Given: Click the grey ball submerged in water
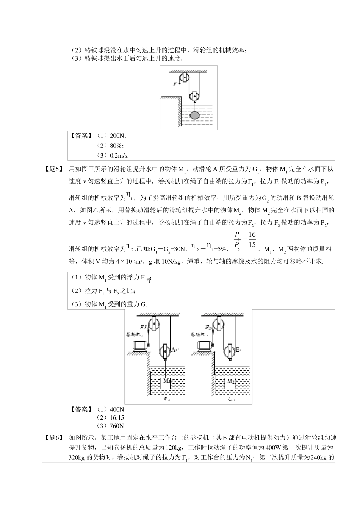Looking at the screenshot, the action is (x=194, y=115).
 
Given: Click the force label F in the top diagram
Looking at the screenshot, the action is (x=175, y=84).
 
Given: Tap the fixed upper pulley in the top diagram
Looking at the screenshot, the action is (x=184, y=78).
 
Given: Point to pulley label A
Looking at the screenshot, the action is (x=173, y=350).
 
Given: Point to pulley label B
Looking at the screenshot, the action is (x=238, y=350).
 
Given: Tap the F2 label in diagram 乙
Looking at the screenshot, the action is (x=208, y=327).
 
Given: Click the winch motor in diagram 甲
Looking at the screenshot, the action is (x=139, y=345).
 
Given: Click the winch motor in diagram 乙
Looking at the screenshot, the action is (x=204, y=345).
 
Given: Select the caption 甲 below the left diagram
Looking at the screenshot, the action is (x=165, y=399).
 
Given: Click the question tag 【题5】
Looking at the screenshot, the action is (x=53, y=169).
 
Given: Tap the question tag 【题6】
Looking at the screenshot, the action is (x=53, y=437).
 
